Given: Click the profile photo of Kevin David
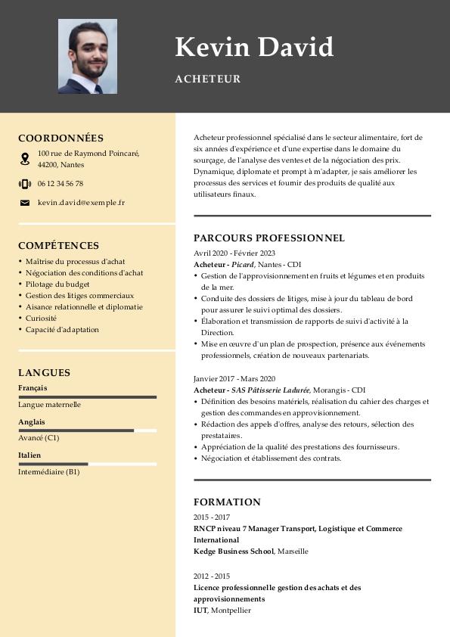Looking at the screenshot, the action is tap(87, 57).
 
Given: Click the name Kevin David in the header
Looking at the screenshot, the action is tap(254, 47).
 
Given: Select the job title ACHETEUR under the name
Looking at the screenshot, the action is tap(208, 79).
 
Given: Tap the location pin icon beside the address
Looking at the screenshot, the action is tap(25, 159).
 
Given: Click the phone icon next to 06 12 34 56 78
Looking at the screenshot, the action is tap(25, 184).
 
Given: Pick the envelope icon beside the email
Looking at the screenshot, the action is tap(25, 203).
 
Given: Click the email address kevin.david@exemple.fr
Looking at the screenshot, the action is tap(81, 203).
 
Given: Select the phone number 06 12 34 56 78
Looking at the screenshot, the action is tap(61, 184).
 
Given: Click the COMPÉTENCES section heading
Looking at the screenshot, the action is tap(58, 246).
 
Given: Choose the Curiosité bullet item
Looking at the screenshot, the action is tap(41, 318).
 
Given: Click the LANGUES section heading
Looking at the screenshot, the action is tap(44, 373).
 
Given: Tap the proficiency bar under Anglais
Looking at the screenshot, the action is tap(87, 430).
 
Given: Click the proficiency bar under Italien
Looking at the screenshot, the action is tap(87, 464).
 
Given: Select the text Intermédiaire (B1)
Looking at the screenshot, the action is tap(48, 472).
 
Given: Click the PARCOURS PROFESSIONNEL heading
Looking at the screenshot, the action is tap(268, 238).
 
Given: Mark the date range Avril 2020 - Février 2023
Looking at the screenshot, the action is tap(234, 253).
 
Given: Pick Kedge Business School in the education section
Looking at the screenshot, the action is tap(233, 552).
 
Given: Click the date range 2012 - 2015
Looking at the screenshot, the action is tap(212, 576).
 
